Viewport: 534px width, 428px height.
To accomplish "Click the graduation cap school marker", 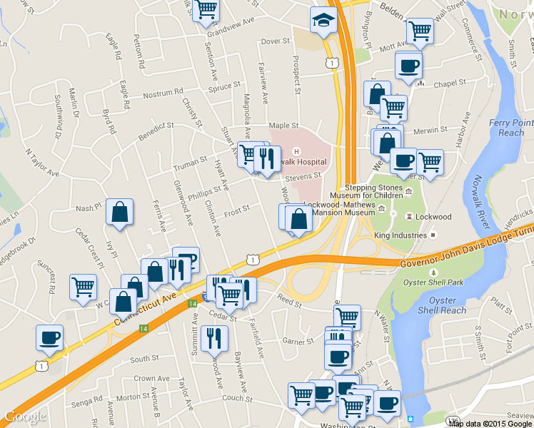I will (323, 20).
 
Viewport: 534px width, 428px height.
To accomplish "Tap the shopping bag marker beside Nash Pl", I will (119, 212).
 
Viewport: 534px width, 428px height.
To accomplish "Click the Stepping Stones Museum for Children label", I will (366, 190).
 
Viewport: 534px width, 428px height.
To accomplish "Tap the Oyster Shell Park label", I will (432, 282).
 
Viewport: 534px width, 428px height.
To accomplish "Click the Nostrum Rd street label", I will (163, 93).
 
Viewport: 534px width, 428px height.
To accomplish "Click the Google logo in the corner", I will (25, 417).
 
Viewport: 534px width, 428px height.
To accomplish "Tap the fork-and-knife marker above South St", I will (214, 338).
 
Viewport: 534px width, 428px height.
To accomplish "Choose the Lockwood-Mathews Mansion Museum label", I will (339, 208).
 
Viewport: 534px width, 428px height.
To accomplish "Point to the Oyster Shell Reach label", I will (443, 305).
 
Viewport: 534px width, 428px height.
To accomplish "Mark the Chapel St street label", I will (450, 83).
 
